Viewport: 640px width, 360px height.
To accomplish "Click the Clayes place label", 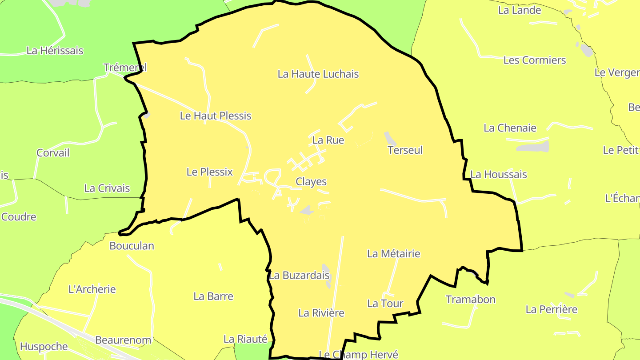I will coord(311,182).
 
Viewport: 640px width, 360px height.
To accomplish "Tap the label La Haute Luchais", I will coord(318,74).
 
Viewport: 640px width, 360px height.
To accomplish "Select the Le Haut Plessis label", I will coord(216,116).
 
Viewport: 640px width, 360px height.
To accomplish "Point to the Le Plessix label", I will coord(209,172).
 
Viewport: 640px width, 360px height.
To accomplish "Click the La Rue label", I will coord(328,140).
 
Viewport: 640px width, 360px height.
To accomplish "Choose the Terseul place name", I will coord(405,150).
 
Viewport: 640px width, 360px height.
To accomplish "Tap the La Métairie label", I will coord(393,254).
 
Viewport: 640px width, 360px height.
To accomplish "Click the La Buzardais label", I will coord(299,276).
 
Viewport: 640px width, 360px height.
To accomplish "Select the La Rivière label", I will coord(321,313).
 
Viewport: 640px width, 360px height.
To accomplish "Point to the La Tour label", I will coord(385,304).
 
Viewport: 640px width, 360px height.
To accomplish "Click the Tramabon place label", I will coord(470,300).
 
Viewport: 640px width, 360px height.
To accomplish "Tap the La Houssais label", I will coord(499,175).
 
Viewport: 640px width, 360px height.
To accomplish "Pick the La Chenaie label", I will coord(510,128).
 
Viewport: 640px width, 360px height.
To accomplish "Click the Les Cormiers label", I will coord(535,60).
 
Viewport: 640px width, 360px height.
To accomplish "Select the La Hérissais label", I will coord(55,51).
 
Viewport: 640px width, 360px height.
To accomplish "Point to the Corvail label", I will coord(53,153).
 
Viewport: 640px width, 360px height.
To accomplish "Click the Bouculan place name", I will coord(132,246).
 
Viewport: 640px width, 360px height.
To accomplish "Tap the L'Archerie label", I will coord(92,289).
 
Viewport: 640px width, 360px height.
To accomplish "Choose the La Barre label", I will coord(213,296).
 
